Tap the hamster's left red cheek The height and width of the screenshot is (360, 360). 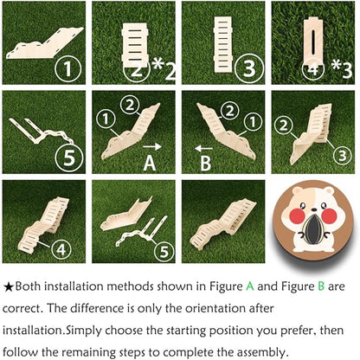tap(298, 216)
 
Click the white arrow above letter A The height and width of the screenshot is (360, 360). tap(152, 147)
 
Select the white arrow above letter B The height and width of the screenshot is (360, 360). tap(204, 149)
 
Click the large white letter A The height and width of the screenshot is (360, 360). tap(150, 163)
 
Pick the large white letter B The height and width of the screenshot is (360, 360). tap(205, 164)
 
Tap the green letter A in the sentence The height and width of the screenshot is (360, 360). tap(250, 286)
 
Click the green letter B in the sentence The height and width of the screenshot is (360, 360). tap(321, 286)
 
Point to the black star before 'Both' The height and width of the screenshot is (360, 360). tap(9, 286)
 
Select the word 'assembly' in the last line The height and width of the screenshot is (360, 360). tap(262, 352)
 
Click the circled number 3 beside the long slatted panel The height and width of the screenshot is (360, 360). tap(249, 67)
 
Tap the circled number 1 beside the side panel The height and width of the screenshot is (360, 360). tap(68, 68)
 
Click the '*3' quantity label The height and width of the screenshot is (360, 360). tap(342, 69)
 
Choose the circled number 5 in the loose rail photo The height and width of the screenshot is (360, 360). tap(69, 157)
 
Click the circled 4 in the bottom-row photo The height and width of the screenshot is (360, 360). tap(61, 249)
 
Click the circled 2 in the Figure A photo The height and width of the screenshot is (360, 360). tap(130, 106)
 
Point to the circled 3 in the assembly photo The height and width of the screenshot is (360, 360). tap(343, 156)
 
